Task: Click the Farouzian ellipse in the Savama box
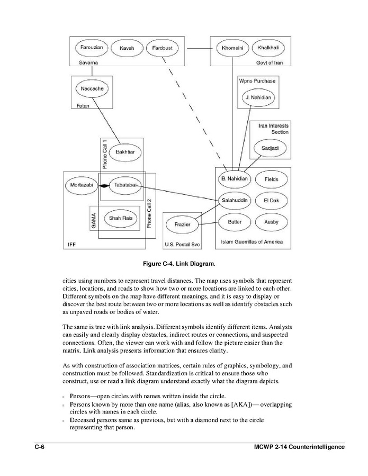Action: point(92,48)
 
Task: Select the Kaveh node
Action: point(127,48)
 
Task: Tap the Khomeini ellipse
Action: point(231,48)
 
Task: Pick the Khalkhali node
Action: point(268,48)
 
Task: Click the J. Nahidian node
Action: point(258,98)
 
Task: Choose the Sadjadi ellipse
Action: point(271,148)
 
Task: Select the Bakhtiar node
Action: point(125,152)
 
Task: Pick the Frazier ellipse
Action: point(182,224)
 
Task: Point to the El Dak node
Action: point(271,201)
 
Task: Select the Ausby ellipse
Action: point(271,222)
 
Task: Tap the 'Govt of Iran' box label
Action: point(270,62)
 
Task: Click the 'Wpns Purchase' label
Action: point(257,81)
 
